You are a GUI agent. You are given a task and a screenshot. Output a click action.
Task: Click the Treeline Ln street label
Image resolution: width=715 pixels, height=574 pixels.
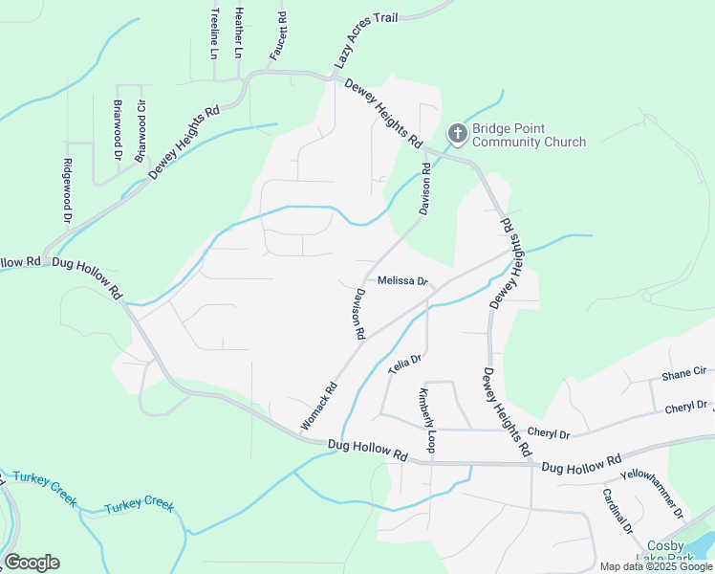[x=215, y=34]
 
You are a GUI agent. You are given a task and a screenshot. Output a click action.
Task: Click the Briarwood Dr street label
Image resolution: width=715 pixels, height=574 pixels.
[x=119, y=129]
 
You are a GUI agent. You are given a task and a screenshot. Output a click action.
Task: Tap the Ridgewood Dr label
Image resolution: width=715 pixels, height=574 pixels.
[x=68, y=191]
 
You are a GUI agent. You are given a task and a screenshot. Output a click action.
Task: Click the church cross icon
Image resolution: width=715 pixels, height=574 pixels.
[x=457, y=133]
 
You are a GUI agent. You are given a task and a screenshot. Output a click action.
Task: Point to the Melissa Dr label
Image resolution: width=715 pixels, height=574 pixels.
[x=401, y=281]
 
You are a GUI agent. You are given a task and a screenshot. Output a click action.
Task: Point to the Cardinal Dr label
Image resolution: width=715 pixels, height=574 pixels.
[x=617, y=511]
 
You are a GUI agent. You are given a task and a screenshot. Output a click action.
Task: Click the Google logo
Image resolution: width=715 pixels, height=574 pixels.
[x=32, y=562]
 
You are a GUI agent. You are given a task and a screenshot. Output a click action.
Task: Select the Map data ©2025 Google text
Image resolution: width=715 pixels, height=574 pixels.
[x=656, y=566]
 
